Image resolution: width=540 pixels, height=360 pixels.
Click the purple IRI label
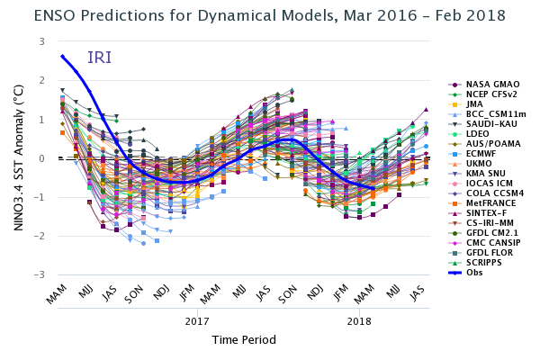(100, 58)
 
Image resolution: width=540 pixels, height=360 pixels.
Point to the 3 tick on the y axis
(41, 41)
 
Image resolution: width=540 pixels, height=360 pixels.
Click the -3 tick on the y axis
(40, 274)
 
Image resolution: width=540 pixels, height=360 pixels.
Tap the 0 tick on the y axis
(41, 158)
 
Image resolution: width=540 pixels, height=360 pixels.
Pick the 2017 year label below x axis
(197, 320)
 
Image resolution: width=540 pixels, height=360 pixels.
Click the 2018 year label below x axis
(359, 320)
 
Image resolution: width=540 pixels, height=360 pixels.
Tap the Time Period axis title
(243, 340)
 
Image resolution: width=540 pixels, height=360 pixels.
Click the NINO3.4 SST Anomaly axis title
(18, 157)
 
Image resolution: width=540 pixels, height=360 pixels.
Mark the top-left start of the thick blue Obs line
(61, 56)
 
